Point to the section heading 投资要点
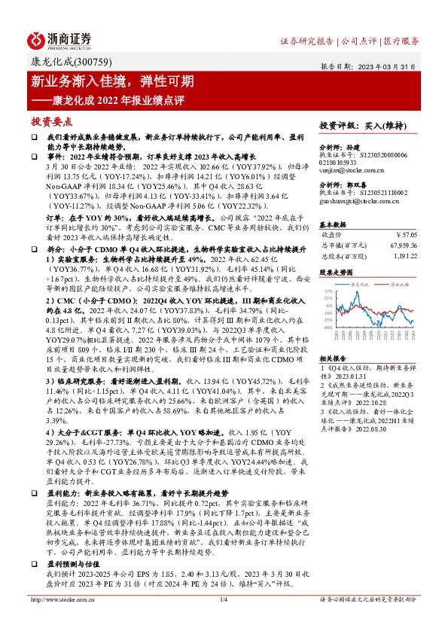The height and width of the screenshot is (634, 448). coord(51,120)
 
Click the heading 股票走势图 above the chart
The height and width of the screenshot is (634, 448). coord(337,271)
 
